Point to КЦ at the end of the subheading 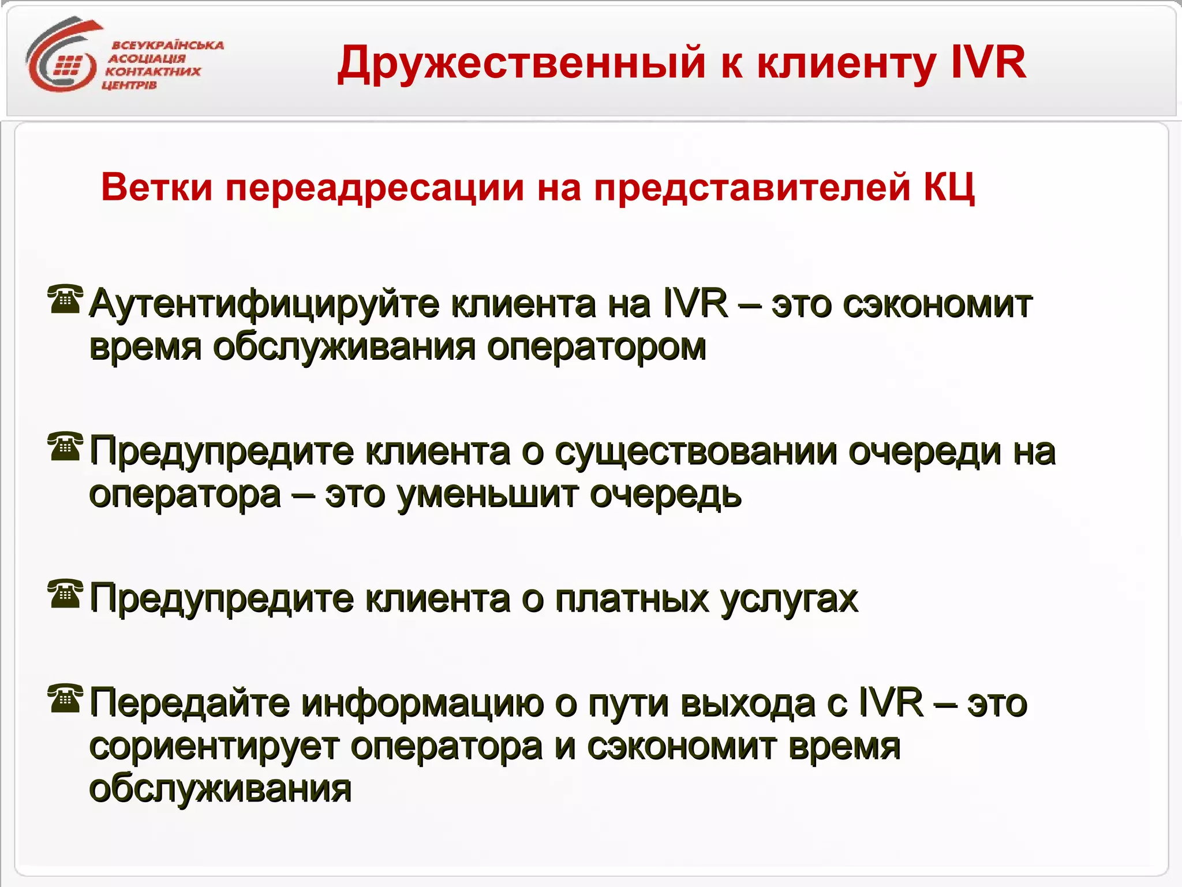click(x=949, y=188)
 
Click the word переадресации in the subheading click(x=375, y=188)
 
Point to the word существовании click(x=695, y=452)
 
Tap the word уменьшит click(x=488, y=495)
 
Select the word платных click(x=631, y=599)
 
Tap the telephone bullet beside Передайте click(x=65, y=698)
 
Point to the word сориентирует click(x=214, y=747)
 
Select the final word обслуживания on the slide click(x=220, y=789)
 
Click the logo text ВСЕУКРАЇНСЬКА click(x=167, y=45)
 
